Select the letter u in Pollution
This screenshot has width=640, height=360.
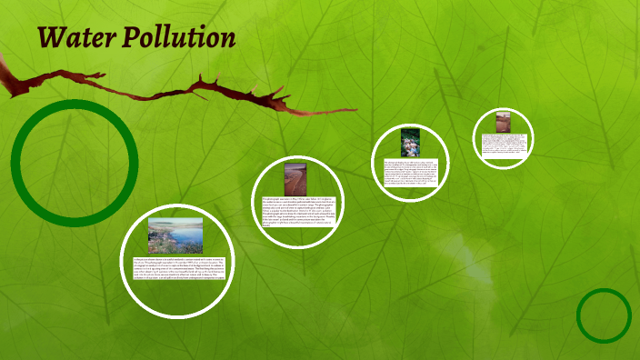(180, 39)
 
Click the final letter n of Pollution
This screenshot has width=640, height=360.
(227, 39)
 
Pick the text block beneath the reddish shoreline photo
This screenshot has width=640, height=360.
(298, 211)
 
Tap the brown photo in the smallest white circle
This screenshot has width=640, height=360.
(503, 122)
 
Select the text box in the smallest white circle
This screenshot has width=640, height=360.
(503, 143)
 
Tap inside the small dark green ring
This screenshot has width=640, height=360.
(604, 315)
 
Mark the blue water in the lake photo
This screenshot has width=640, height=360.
(185, 238)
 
